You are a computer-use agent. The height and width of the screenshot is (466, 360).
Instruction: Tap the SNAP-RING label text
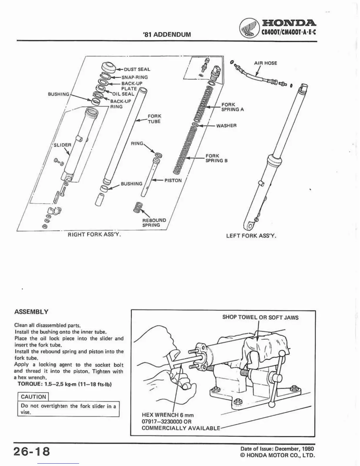click(134, 77)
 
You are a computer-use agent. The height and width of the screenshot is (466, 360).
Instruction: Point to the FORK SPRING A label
click(232, 107)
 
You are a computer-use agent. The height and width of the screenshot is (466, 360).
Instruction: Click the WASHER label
click(226, 126)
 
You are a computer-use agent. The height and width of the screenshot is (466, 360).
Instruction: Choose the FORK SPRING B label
click(216, 158)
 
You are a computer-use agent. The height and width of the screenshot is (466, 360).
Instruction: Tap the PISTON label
click(173, 180)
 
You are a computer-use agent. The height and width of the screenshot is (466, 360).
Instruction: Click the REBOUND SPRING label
click(154, 222)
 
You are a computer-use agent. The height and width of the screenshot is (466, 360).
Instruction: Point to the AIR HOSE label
click(265, 63)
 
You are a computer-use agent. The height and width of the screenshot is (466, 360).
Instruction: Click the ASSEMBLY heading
click(31, 312)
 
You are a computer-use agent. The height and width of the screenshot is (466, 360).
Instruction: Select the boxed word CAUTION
click(34, 397)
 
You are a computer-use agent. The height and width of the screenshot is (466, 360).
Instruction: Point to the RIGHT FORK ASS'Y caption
click(94, 234)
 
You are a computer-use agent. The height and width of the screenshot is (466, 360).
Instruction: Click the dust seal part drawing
click(108, 68)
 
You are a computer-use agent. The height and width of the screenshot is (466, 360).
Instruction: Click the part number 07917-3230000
click(162, 421)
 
